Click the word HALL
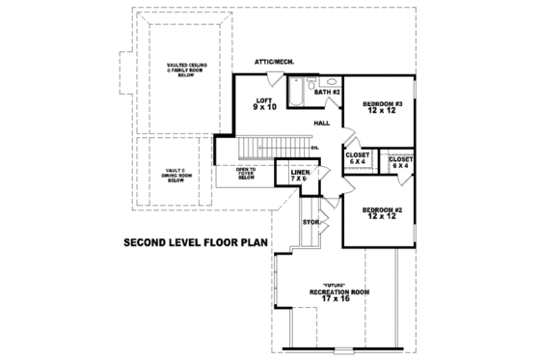click(x=323, y=124)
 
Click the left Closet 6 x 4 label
click(x=358, y=157)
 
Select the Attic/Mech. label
click(x=273, y=62)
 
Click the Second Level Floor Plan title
click(x=195, y=243)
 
